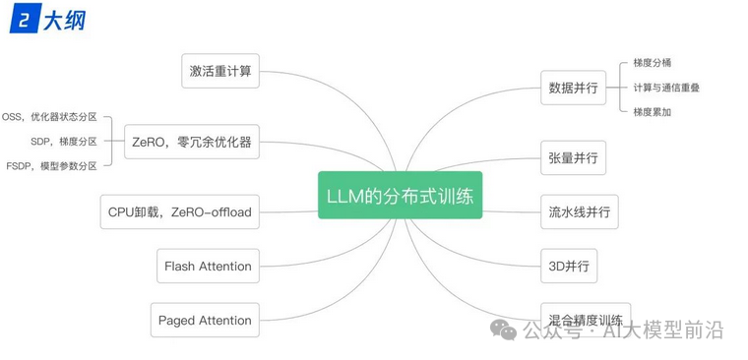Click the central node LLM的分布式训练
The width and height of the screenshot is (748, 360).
[400, 196]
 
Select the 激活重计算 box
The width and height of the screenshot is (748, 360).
[221, 71]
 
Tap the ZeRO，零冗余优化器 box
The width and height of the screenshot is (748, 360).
[192, 142]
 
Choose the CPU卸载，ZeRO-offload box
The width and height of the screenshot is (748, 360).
[180, 211]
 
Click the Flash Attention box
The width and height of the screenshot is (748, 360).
[208, 266]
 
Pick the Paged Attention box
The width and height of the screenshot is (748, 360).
[205, 320]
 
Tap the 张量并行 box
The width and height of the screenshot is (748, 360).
[573, 157]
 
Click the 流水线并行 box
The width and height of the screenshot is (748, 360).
[579, 211]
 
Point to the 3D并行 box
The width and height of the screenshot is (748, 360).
[569, 266]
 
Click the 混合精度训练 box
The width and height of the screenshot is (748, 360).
[585, 320]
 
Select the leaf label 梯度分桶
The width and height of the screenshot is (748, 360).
[652, 63]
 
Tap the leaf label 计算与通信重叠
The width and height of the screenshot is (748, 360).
[666, 88]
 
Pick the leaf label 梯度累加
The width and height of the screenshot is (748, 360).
[652, 111]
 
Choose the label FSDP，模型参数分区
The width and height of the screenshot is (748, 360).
[51, 166]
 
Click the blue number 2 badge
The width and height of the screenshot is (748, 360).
[23, 19]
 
